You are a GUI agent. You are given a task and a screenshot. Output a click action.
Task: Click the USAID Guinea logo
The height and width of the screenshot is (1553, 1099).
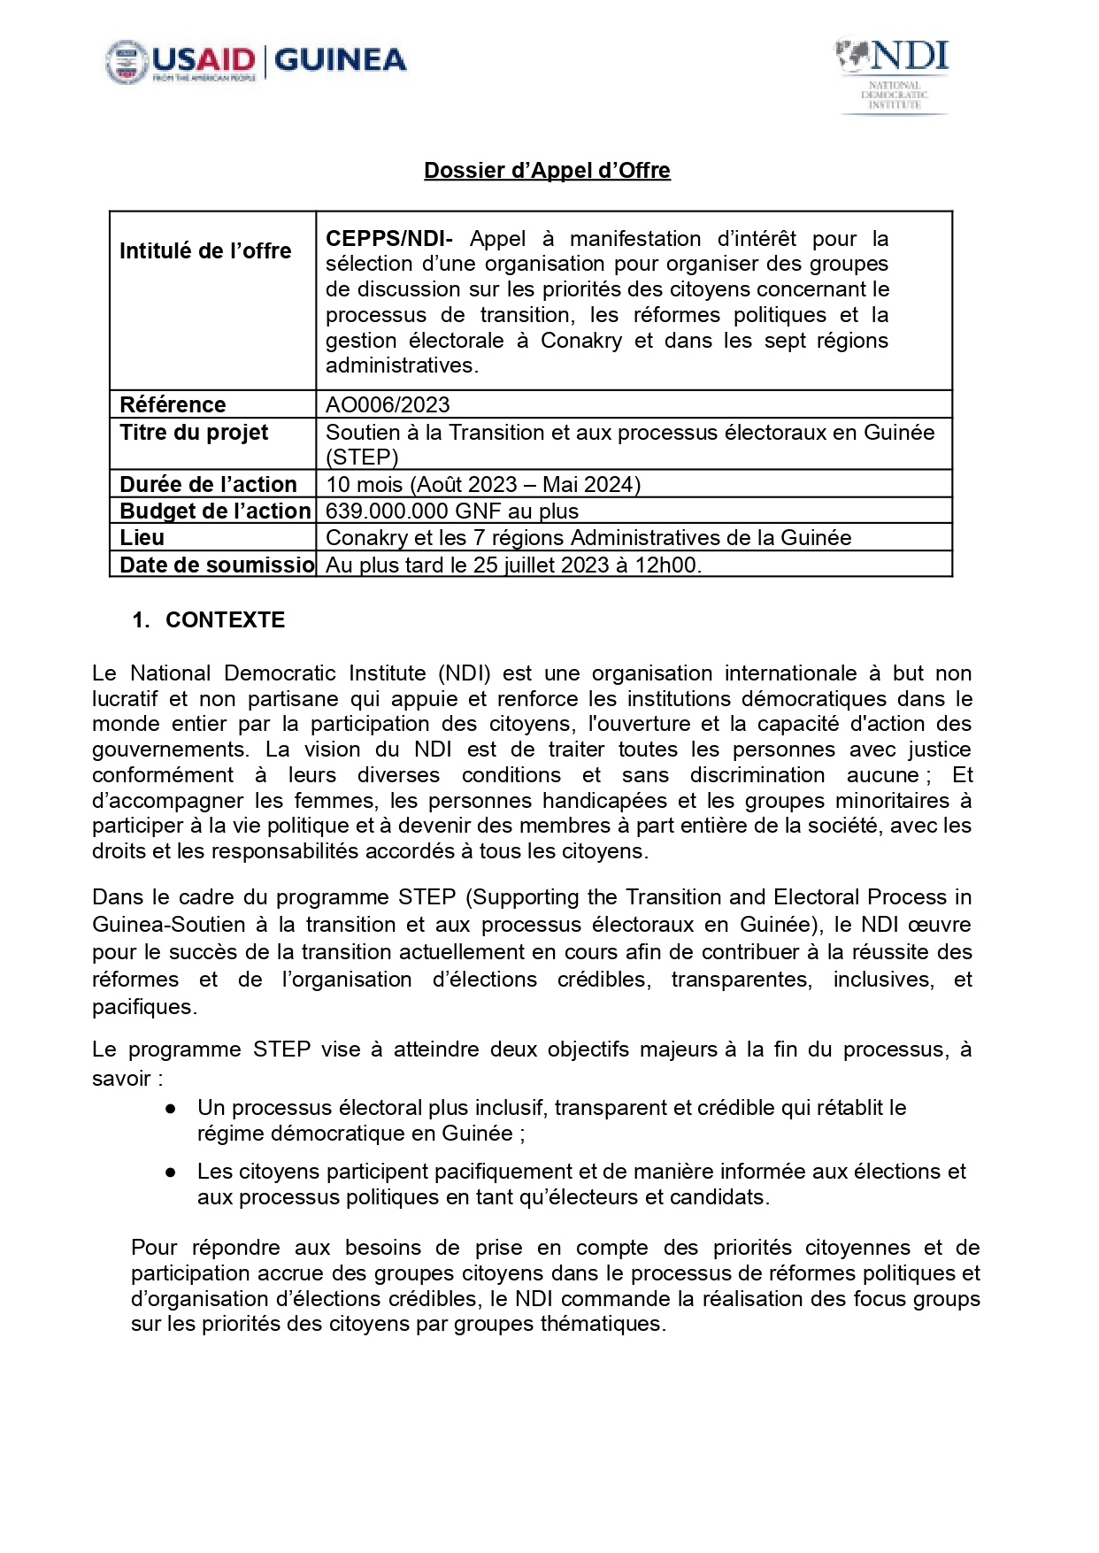click(256, 62)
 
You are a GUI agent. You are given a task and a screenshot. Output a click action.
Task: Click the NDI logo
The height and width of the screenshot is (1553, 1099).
click(894, 76)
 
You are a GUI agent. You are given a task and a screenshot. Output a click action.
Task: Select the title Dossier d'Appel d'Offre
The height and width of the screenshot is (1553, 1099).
click(547, 170)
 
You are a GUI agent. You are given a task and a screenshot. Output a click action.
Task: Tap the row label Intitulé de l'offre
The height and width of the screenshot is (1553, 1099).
click(205, 251)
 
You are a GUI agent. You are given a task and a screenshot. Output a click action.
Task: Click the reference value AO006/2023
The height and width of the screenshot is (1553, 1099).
click(388, 404)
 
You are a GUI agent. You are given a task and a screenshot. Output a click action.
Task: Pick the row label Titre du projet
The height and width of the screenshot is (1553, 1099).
click(194, 433)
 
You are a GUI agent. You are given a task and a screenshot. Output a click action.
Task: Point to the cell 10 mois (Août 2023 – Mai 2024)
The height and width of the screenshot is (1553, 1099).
click(483, 484)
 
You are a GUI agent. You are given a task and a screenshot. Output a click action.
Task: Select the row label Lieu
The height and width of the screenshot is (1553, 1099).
click(142, 537)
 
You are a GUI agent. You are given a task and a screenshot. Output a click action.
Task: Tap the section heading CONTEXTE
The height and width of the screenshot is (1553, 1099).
click(225, 620)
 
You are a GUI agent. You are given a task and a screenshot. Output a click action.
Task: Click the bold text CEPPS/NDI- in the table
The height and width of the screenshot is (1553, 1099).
click(389, 239)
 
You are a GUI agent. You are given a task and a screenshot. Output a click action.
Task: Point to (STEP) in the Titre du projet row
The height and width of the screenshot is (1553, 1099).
click(362, 457)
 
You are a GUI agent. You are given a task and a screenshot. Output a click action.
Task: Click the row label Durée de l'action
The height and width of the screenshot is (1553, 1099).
click(208, 484)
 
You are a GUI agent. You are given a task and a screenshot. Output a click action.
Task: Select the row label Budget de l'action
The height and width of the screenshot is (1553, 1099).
click(215, 511)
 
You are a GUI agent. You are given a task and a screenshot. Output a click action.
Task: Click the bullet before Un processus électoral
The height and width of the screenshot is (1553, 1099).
click(171, 1109)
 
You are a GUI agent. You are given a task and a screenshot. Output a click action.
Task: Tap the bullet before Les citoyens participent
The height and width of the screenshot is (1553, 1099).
click(171, 1172)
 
